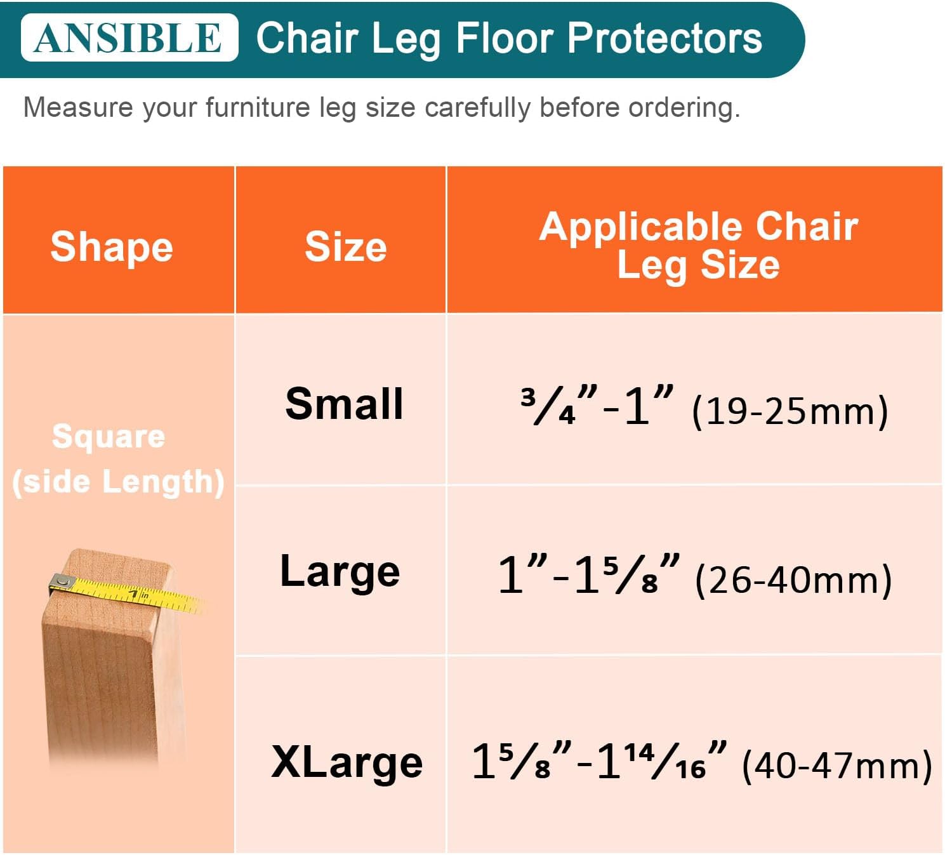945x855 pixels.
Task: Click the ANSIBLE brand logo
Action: click(x=129, y=37)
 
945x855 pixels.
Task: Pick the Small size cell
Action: click(x=344, y=404)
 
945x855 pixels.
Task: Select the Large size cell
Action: click(x=340, y=572)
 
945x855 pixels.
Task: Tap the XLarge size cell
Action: click(x=347, y=762)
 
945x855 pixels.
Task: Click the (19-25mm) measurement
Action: click(x=790, y=411)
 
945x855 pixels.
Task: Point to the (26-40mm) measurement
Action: click(x=793, y=580)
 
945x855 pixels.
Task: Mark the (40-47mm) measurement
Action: click(x=836, y=766)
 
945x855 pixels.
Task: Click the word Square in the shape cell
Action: click(x=109, y=437)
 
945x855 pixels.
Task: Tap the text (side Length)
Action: click(x=118, y=482)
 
